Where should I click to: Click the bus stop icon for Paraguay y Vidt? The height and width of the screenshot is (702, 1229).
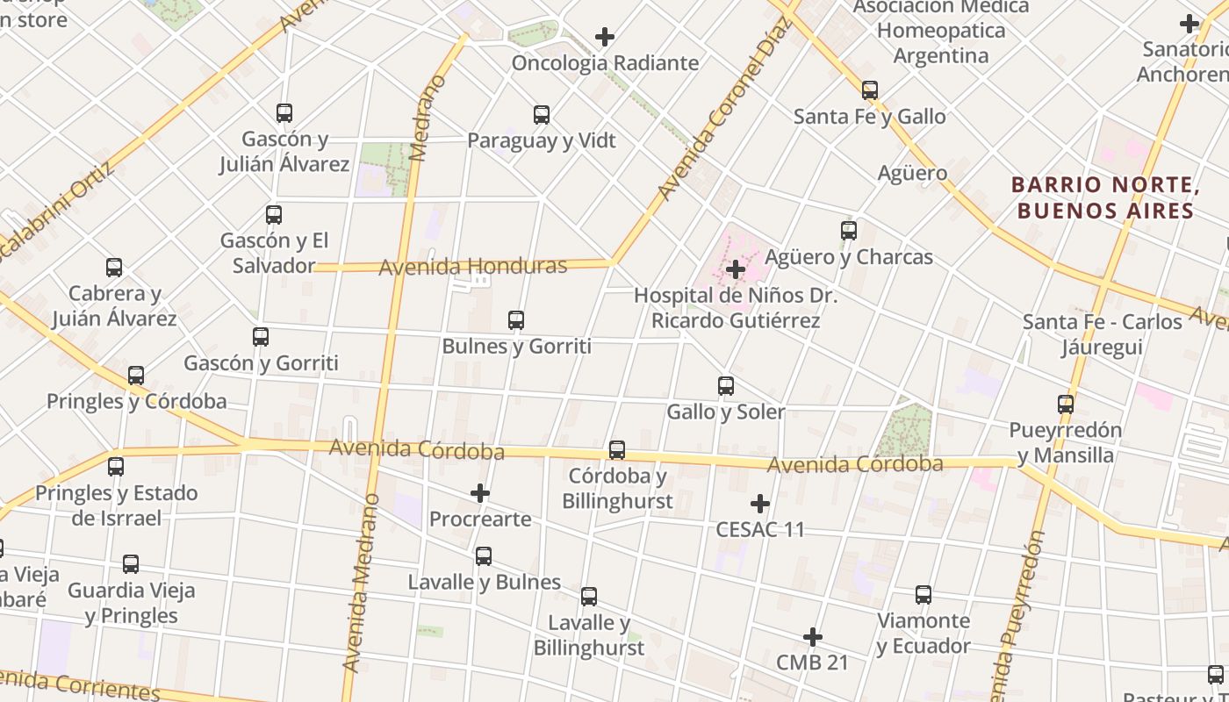[542, 115]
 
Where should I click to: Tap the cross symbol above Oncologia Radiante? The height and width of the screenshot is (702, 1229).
[605, 37]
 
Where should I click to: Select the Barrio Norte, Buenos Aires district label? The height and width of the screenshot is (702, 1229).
[1105, 197]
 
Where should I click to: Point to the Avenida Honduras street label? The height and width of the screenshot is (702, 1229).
[473, 266]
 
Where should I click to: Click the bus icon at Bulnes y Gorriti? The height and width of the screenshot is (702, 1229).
[516, 320]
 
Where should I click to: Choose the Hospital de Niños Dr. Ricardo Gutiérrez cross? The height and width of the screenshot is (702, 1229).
[736, 269]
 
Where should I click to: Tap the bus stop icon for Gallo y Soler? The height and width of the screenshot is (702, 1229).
[726, 386]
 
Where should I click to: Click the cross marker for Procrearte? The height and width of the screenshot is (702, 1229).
[480, 493]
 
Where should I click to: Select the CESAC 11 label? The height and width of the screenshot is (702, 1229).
[760, 529]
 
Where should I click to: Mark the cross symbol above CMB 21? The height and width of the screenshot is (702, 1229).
[813, 637]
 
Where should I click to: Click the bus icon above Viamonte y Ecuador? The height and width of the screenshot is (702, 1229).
[924, 595]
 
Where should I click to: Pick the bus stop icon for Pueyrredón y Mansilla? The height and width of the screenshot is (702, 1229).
[1066, 405]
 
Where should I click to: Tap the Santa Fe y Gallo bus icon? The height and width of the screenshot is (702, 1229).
[870, 90]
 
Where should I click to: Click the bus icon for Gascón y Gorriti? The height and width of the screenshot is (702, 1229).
[261, 337]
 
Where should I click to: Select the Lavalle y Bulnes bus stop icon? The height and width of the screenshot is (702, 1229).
[484, 556]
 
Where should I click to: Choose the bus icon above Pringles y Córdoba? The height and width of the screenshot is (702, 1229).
[136, 376]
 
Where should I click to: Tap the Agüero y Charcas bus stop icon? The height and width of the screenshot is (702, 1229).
[849, 231]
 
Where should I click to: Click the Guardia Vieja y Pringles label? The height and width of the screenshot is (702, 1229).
[131, 603]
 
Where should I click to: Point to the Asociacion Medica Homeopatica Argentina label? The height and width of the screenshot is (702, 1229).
[940, 31]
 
